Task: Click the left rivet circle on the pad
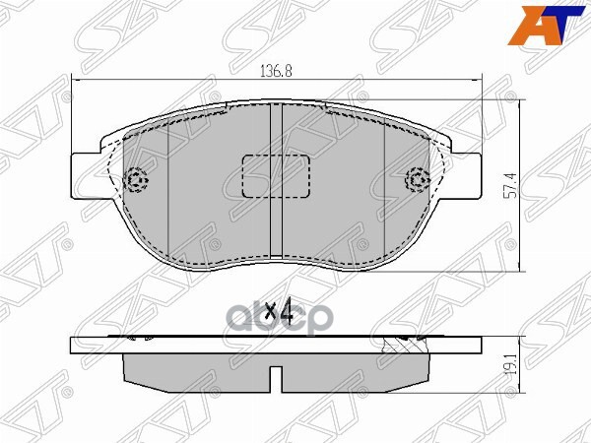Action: (x=137, y=180)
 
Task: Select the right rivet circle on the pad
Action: (x=418, y=180)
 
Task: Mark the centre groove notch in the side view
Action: (x=278, y=374)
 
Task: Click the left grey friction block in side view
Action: (x=197, y=366)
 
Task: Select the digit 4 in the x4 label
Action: (x=286, y=313)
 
